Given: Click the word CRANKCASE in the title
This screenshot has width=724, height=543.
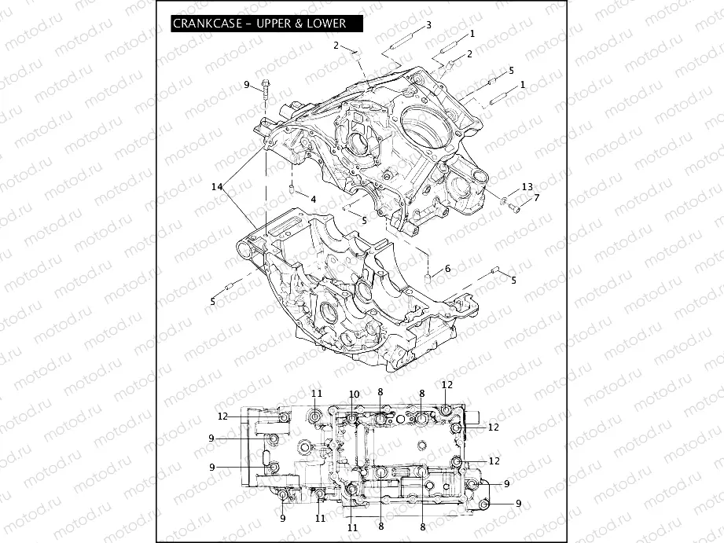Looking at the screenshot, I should [x=204, y=25].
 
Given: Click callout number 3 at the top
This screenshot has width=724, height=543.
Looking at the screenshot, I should [x=428, y=25].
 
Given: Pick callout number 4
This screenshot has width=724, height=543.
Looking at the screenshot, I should [x=313, y=199].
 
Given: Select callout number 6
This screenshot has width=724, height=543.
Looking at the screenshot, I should [x=447, y=269].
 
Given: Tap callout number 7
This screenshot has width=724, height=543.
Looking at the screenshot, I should [x=537, y=197].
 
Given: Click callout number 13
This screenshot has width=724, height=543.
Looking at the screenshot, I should [x=527, y=186].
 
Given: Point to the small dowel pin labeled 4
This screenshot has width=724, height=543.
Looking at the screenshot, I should [x=292, y=189].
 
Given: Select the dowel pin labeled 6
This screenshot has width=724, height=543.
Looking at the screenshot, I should [x=428, y=278].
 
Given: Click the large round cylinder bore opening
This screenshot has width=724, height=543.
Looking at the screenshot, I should [x=431, y=123].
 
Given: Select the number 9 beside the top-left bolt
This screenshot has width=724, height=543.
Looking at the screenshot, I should [x=246, y=84].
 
